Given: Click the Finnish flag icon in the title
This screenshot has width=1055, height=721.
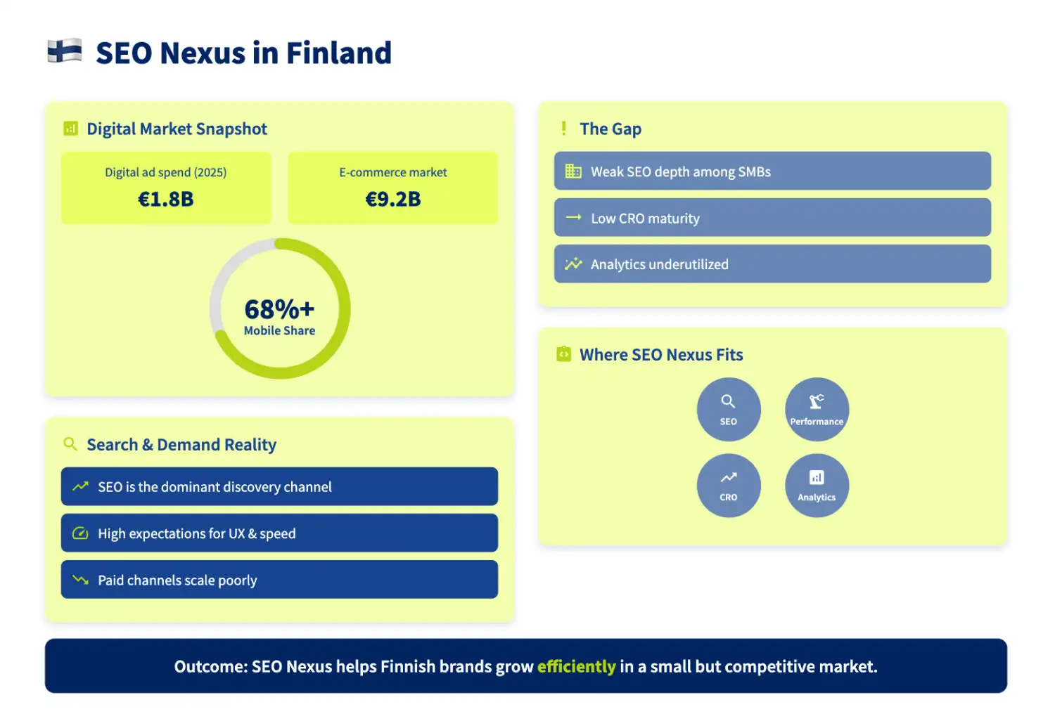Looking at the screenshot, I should pos(65,51).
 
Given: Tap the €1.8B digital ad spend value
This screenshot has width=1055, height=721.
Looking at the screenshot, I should pos(166,200).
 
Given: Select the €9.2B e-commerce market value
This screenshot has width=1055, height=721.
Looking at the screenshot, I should pos(393,200).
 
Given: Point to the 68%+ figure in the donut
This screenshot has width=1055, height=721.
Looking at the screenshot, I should pos(279,309).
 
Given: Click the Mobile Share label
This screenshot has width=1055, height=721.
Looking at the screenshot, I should pos(279,331).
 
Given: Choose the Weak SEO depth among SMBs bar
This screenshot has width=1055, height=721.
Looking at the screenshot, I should pos(772,171).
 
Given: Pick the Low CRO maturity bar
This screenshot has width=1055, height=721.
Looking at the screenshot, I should pos(772,218).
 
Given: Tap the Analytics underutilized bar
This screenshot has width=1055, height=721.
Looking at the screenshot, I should pos(772,264).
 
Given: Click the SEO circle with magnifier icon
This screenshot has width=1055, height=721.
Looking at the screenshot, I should pos(729,410).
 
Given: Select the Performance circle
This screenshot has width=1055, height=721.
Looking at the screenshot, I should pos(817,410).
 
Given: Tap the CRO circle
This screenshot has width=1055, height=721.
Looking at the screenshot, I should pos(729,486).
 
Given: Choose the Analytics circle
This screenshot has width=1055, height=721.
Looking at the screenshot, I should pos(817,486).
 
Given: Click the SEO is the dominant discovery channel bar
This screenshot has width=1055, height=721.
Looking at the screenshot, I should pos(279,487).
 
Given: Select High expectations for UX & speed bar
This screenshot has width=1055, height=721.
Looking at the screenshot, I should pos(279,533).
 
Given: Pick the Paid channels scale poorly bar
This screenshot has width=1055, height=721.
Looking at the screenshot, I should pos(279,580).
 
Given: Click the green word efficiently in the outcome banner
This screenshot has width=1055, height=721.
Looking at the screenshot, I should pos(576,667).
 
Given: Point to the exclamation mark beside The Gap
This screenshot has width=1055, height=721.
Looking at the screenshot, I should pos(563,129).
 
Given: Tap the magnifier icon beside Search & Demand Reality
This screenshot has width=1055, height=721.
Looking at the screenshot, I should pos(70,444).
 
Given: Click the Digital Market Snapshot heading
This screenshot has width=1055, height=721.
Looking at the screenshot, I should pos(177,129).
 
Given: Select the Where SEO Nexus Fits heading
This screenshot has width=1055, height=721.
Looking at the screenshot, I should pos(661,355).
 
